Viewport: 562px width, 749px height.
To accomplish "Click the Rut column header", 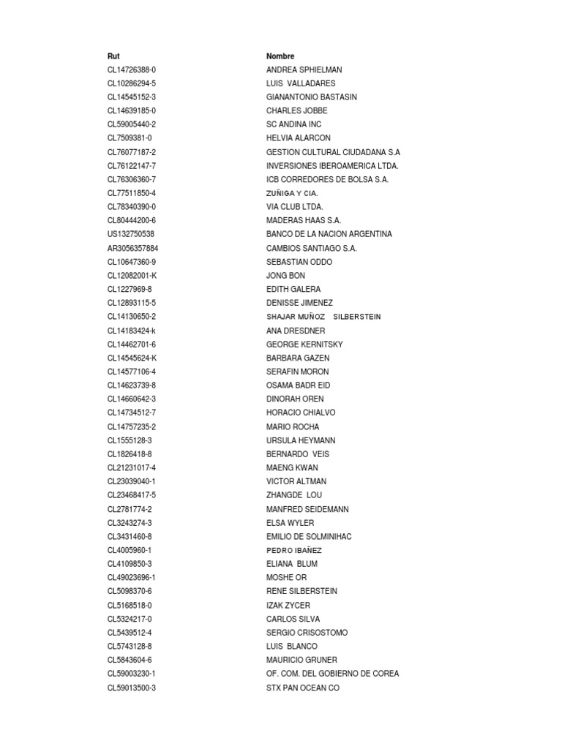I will [113, 56].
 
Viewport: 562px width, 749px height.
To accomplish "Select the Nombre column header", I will [280, 56].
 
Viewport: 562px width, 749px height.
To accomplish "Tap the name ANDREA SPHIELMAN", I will [304, 70].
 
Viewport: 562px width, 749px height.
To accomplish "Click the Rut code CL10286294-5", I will [132, 83].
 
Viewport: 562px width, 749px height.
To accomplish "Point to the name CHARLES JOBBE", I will [297, 111].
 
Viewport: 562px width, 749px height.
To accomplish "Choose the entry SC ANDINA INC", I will [293, 124].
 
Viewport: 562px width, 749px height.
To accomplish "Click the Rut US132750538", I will [131, 234].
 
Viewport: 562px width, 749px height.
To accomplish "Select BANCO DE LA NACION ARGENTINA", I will [329, 234].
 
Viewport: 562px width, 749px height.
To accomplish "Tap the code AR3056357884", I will [132, 248].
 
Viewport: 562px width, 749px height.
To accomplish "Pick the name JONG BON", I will [286, 276].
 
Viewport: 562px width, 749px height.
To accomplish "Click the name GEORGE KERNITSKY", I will [304, 345].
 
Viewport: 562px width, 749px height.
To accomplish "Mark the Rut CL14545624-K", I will [132, 358].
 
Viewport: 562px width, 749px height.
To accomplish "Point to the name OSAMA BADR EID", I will [298, 385].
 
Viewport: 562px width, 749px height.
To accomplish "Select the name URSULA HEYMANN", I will [301, 440].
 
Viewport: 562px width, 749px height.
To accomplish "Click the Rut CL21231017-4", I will [132, 468].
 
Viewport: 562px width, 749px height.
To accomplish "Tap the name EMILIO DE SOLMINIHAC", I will [309, 536].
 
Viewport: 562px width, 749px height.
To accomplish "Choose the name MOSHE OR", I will [286, 578].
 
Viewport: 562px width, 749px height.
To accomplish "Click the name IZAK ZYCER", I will [288, 605].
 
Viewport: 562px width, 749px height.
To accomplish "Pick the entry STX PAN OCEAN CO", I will [303, 688].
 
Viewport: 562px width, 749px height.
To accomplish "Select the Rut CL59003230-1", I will [132, 674].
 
